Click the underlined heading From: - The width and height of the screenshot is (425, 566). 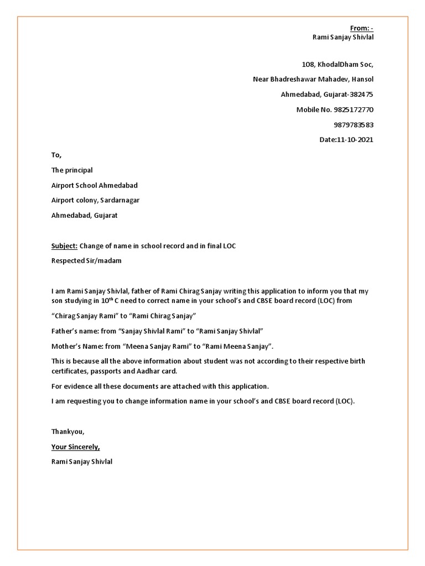tap(362, 28)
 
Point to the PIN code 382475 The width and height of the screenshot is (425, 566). tap(361, 95)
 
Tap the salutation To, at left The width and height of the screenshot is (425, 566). tap(57, 155)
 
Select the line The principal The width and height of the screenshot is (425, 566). tap(72, 170)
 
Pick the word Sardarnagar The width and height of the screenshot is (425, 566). tap(120, 200)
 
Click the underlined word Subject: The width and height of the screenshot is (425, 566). tap(64, 246)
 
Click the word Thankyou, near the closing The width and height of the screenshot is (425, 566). tap(68, 431)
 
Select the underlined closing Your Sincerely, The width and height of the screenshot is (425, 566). tap(76, 447)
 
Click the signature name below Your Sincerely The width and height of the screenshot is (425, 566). tap(82, 462)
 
